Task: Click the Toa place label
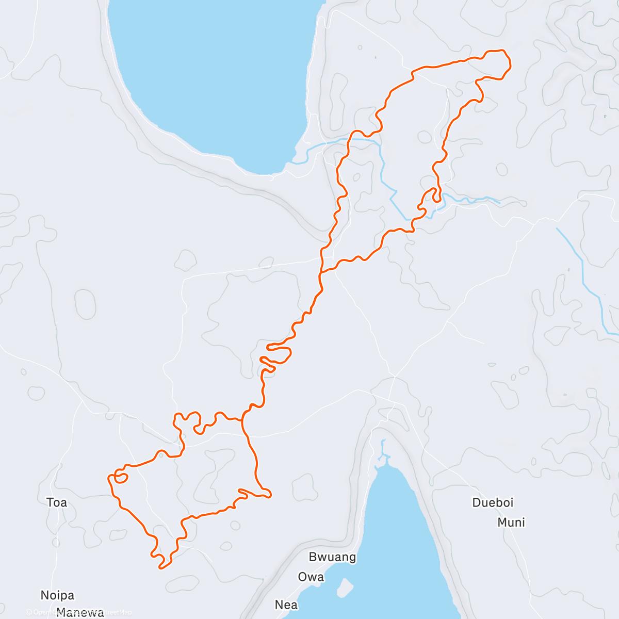tap(57, 502)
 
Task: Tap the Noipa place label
tap(57, 595)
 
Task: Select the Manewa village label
tap(80, 613)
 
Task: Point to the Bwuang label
tap(332, 557)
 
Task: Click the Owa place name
tap(311, 577)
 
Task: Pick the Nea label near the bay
tap(286, 604)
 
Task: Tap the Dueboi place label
tap(493, 502)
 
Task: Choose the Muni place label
tap(511, 523)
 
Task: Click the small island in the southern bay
tap(345, 587)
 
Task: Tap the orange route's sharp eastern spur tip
tap(269, 496)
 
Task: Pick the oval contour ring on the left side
tap(85, 304)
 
